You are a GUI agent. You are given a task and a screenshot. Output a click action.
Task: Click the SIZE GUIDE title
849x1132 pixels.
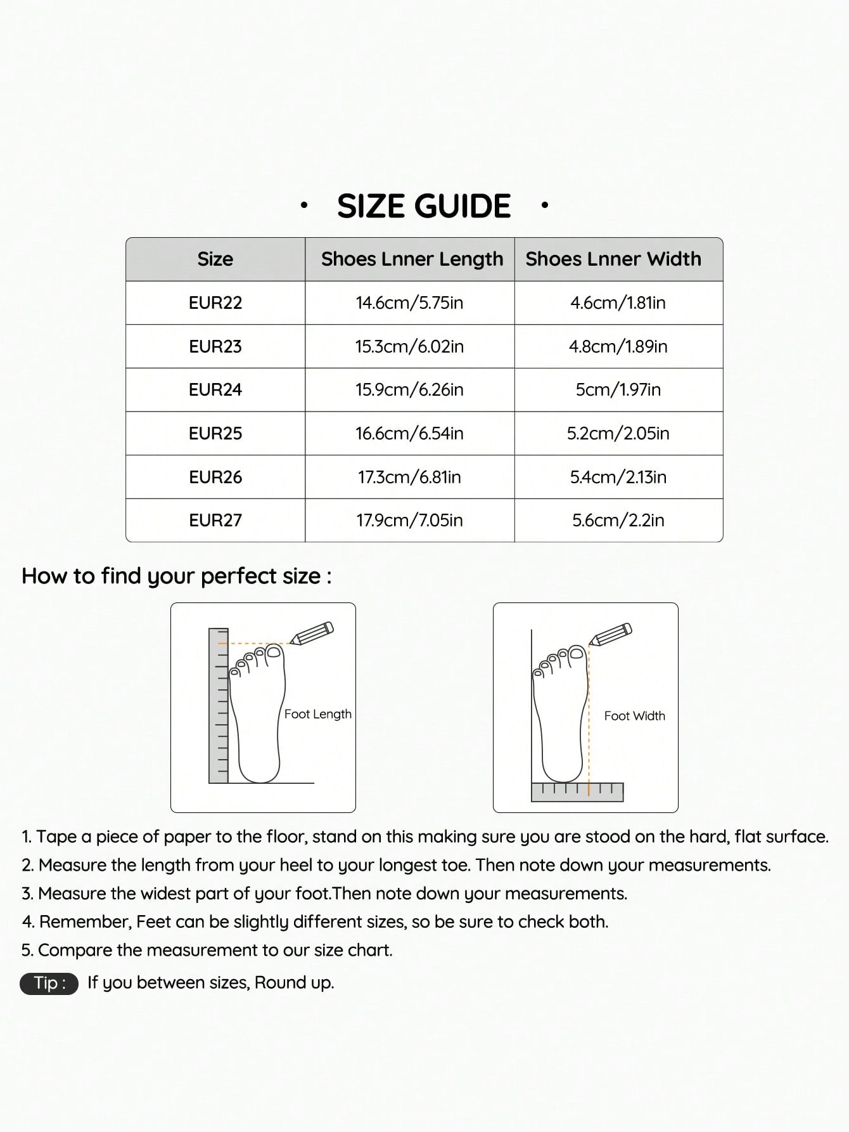point(424,206)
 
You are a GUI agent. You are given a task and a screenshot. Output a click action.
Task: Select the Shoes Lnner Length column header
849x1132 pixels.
point(412,259)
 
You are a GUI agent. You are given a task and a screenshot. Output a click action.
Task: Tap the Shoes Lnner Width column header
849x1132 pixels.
point(613,259)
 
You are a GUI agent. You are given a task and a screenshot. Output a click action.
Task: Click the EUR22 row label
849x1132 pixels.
point(215,303)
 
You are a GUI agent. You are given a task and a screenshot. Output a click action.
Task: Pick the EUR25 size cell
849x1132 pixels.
point(215,433)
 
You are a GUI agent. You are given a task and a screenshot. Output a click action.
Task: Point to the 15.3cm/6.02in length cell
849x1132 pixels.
point(409,346)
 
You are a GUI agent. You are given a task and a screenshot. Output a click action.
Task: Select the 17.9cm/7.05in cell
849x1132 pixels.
point(409,520)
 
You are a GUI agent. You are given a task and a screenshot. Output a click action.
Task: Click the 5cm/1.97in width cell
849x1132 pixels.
point(618,389)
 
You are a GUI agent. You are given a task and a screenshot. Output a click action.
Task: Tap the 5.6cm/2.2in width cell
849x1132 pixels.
point(618,520)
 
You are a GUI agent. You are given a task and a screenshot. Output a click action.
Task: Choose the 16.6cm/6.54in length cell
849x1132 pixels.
point(409,433)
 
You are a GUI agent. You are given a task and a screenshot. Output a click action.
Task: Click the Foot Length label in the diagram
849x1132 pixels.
point(317,714)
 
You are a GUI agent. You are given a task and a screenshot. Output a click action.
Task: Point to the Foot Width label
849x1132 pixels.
point(634,716)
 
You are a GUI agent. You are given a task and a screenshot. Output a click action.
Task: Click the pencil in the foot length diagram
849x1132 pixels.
point(312,633)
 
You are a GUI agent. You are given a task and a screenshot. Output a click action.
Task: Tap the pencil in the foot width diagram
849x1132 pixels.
point(611,634)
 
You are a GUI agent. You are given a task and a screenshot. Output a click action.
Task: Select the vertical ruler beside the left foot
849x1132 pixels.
point(219,705)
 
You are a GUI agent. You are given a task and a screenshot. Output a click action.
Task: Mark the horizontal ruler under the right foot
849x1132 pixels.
point(577,791)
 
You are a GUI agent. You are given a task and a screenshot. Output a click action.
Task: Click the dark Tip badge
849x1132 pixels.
point(49,983)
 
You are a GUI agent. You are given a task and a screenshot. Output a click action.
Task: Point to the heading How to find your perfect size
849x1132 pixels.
point(176,576)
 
